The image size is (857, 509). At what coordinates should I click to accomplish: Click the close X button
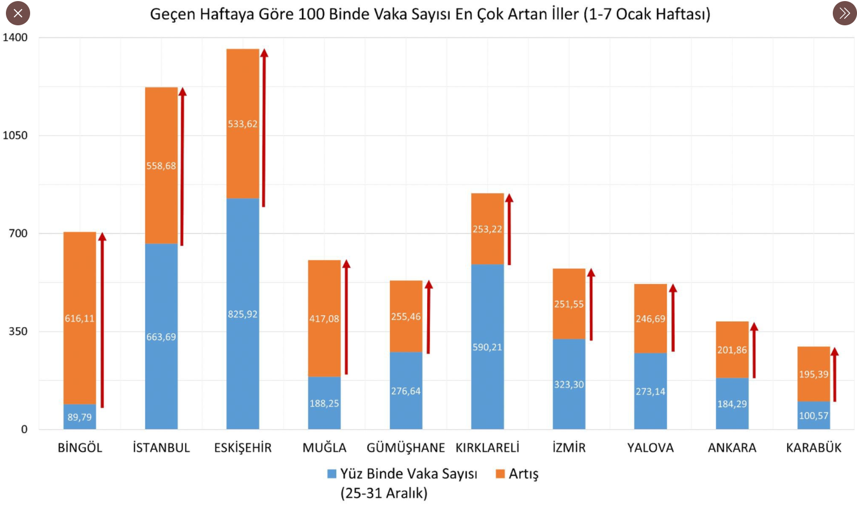[18, 13]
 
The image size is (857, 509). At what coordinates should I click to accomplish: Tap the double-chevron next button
[844, 13]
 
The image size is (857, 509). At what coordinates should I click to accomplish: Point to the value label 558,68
[161, 166]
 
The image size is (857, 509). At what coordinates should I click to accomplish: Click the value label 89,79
[80, 417]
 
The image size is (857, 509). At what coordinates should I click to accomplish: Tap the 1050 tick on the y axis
[15, 135]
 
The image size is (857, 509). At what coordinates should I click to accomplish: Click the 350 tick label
[18, 331]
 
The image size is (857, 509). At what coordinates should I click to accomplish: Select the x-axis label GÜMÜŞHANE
[406, 448]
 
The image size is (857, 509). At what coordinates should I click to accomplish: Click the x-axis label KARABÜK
[813, 448]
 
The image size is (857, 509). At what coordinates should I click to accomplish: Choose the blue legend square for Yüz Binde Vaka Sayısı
[332, 474]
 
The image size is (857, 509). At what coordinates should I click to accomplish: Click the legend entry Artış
[523, 474]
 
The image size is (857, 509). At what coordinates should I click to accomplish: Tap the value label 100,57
[813, 415]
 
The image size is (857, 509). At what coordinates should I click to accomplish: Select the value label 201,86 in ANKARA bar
[732, 350]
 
